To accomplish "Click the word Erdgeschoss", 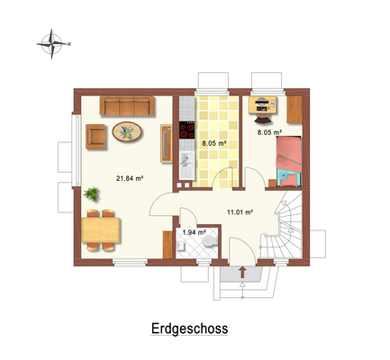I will coord(189,328).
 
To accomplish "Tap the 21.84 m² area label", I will coord(131,177).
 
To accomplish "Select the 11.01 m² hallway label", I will coord(238,212).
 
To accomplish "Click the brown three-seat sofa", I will coord(128,107).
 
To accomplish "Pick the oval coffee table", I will coord(127,132).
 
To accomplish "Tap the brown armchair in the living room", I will coord(96,136).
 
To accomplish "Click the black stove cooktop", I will coord(187,130).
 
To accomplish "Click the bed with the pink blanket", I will coord(290,155).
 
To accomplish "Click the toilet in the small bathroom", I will coord(208,244).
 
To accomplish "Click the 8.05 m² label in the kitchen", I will coord(213,143).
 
